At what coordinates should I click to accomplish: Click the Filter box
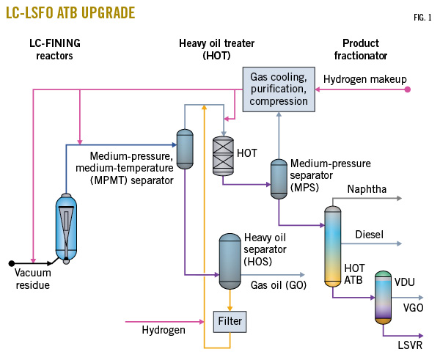point(229,320)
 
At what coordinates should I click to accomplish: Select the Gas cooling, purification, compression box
point(279,88)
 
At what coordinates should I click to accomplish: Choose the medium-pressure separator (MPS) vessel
point(279,178)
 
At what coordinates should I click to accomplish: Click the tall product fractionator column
point(333,246)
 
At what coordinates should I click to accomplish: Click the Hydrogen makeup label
point(364,78)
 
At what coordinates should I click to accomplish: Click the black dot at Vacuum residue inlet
point(11,262)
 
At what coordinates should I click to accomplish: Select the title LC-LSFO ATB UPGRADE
point(70,14)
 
